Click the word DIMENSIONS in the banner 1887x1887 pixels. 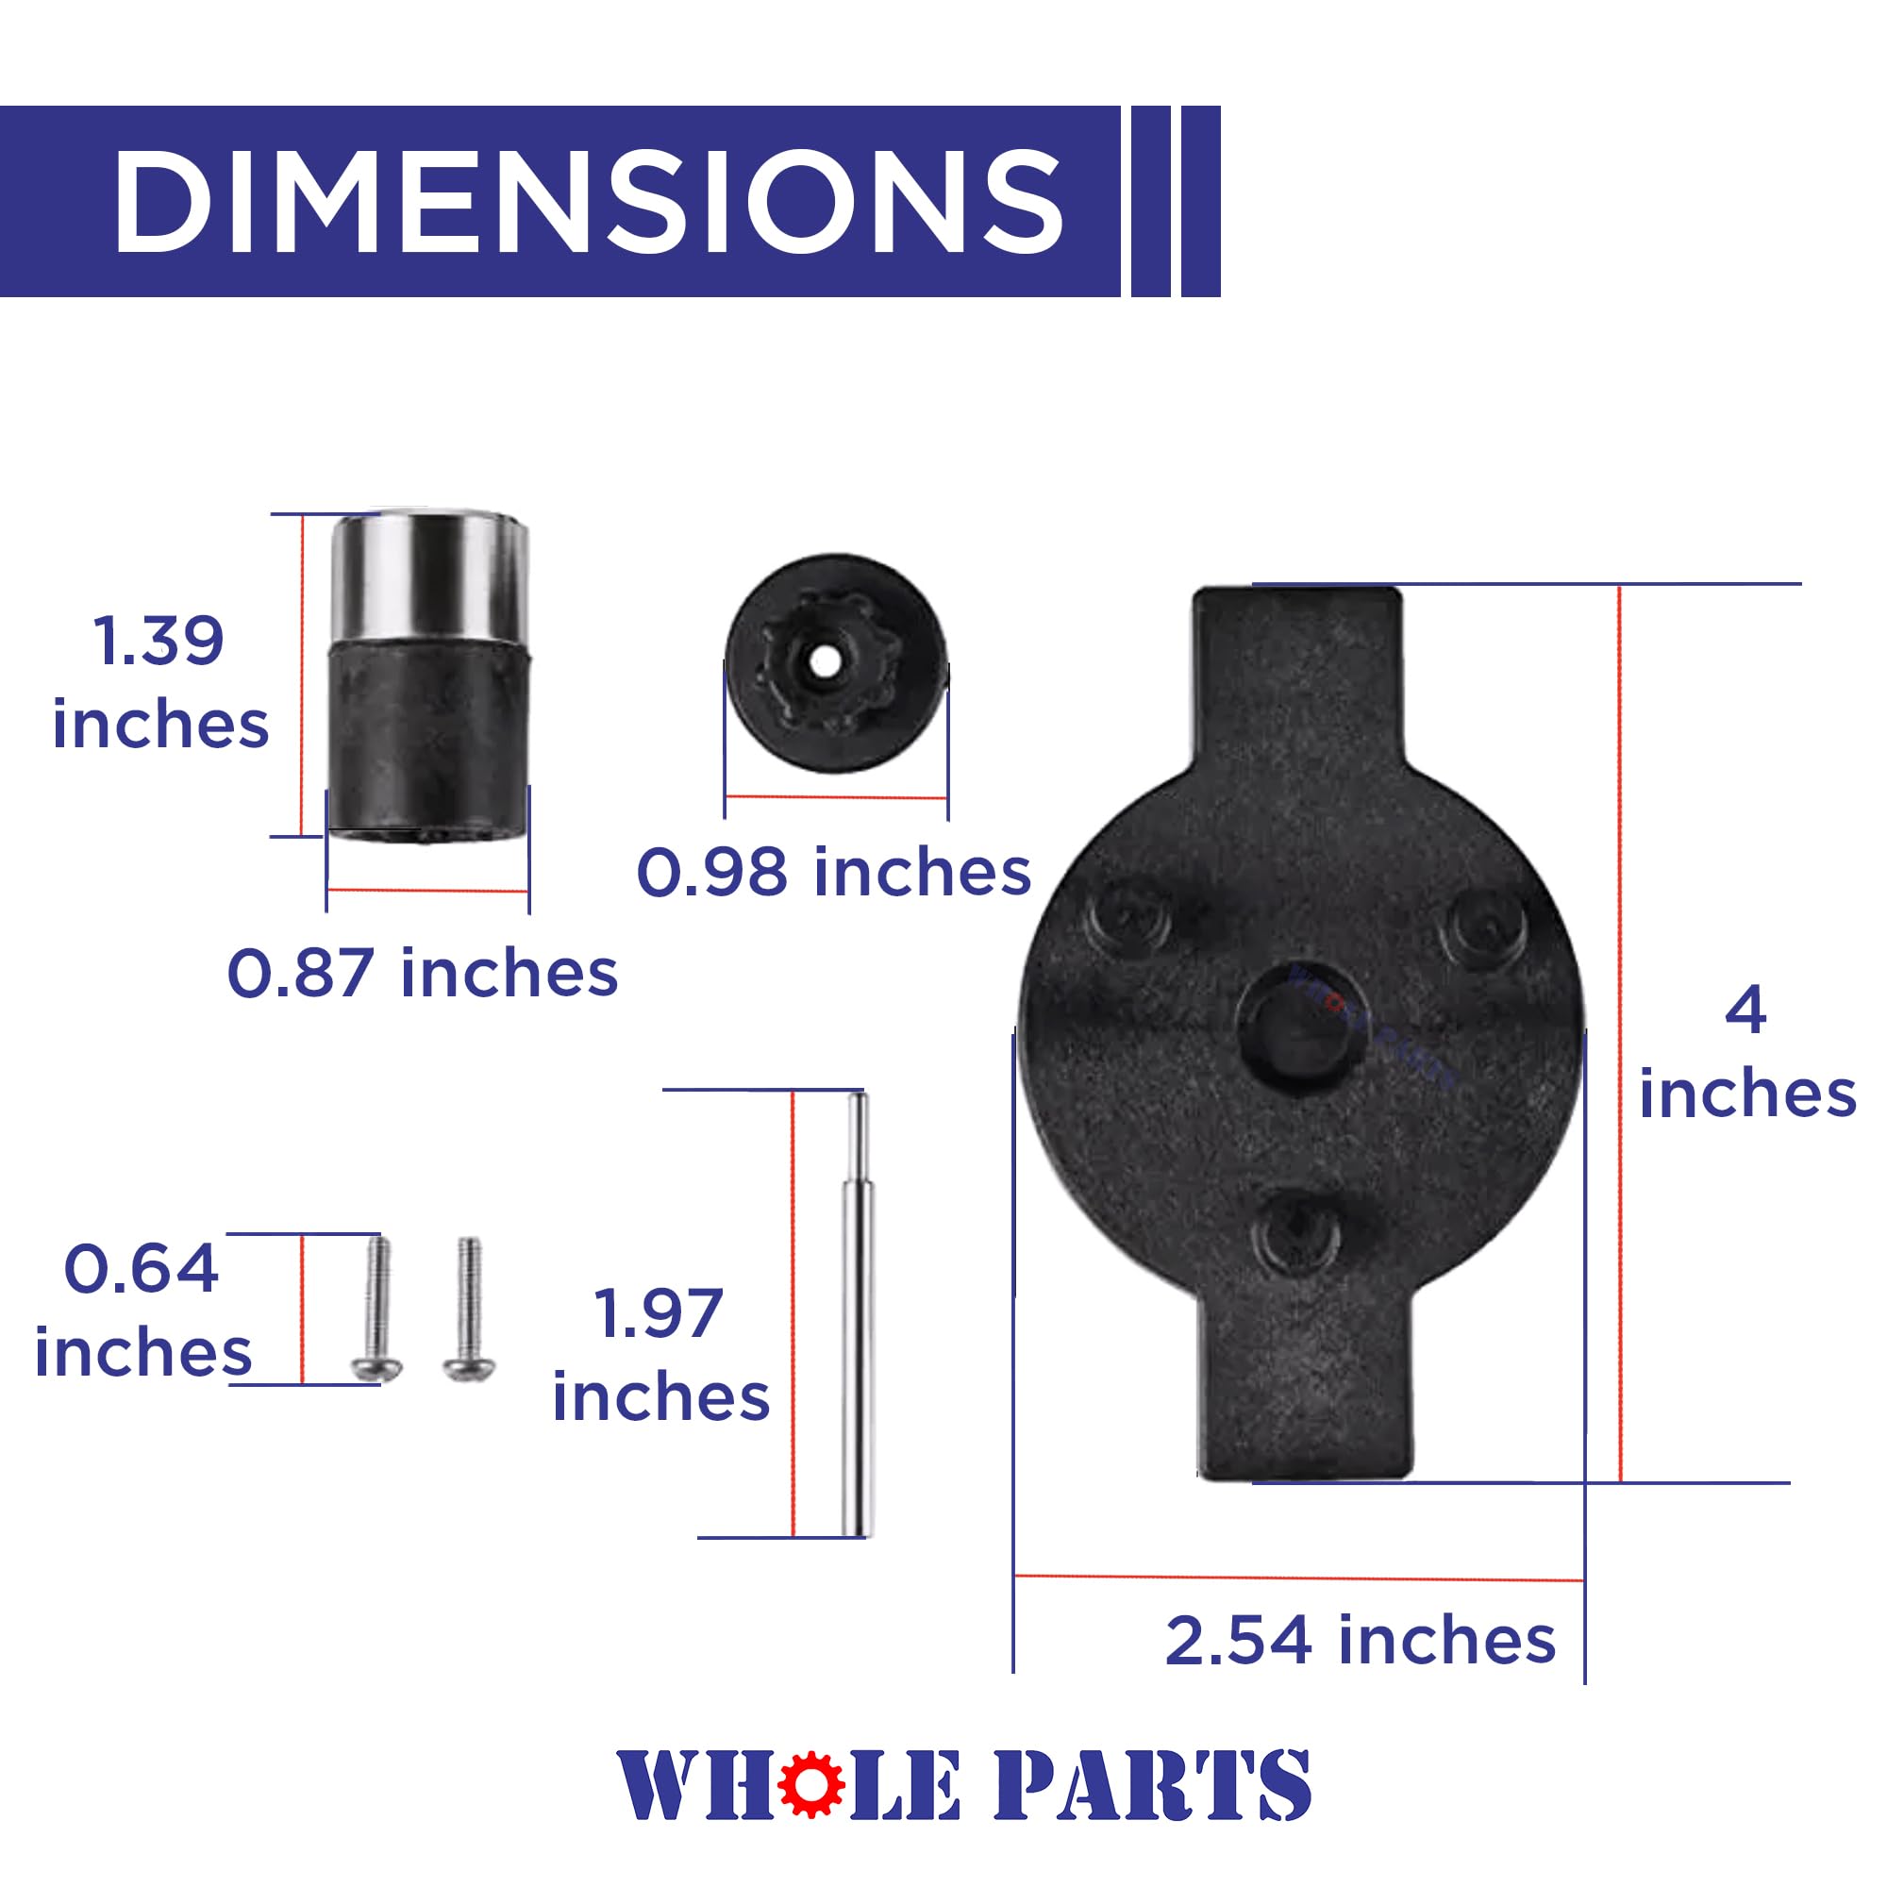(588, 202)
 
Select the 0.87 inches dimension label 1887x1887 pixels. (423, 973)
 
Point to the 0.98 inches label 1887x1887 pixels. (834, 871)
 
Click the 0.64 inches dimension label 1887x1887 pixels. (142, 1310)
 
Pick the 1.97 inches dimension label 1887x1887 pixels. (661, 1355)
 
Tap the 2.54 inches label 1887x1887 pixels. (1361, 1640)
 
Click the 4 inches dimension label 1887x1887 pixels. (1747, 1051)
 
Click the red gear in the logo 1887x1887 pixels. (811, 1783)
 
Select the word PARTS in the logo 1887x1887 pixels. (1153, 1784)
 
